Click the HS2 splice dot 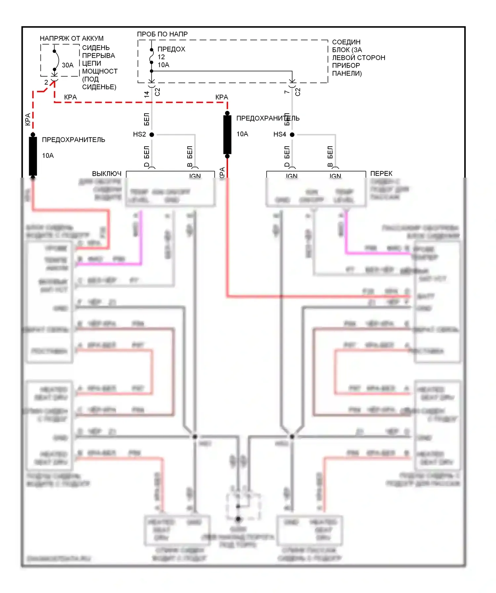click(152, 134)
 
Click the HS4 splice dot click(292, 134)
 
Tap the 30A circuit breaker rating click(68, 65)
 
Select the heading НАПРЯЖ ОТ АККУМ click(72, 38)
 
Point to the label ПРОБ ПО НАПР click(162, 34)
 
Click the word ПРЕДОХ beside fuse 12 click(171, 49)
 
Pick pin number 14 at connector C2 click(146, 94)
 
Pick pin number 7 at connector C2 click(287, 92)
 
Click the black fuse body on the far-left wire click(33, 156)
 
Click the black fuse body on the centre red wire click(227, 134)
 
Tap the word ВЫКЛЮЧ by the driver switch click(106, 174)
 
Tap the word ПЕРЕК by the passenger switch click(381, 174)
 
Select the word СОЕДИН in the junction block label click(346, 42)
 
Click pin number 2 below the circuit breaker click(46, 82)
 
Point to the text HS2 click(139, 134)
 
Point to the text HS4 click(279, 134)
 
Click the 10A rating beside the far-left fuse click(48, 156)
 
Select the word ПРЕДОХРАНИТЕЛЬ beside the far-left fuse click(73, 140)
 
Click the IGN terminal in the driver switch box click(195, 176)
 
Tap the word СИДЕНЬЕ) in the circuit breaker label click(99, 87)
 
